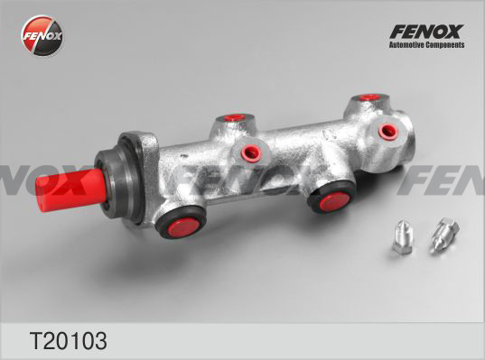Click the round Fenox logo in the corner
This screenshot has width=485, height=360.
42,35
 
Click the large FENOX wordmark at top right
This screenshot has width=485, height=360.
426,32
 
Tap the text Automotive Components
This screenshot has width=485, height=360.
426,45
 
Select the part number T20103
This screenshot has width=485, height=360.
68,340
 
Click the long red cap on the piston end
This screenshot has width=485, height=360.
70,189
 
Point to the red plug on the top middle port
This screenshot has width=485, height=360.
235,117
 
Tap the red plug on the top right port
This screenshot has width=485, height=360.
369,97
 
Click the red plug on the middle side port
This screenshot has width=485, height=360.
251,152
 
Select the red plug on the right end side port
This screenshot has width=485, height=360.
387,132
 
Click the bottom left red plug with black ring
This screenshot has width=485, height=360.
182,223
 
